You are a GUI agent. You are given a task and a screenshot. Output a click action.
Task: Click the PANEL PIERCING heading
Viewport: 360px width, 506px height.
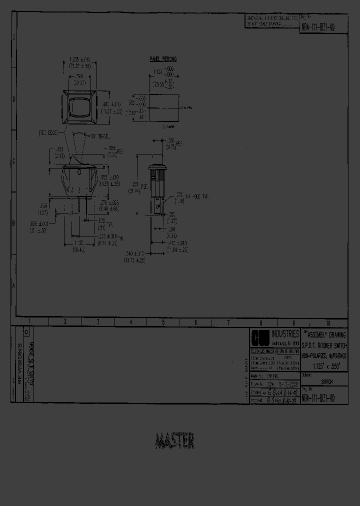tap(163, 59)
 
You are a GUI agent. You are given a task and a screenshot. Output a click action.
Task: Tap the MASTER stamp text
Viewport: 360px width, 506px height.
tap(174, 441)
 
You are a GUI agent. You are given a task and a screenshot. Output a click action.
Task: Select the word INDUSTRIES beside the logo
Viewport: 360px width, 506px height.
tap(285, 333)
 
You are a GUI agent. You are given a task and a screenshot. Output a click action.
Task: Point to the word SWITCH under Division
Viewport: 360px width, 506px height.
tap(327, 381)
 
